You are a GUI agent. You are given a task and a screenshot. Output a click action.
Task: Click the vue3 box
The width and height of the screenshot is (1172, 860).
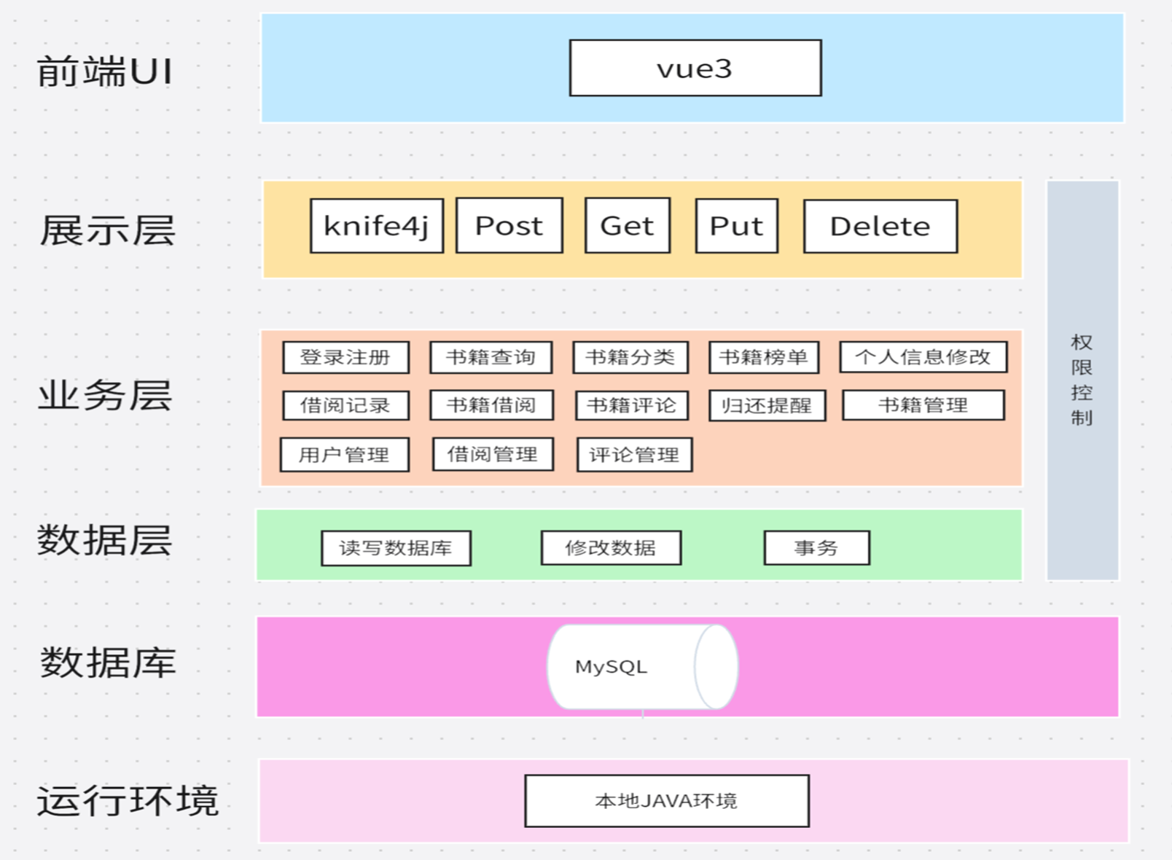[695, 69]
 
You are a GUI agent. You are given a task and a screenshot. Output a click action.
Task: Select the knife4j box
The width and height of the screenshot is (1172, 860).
[376, 226]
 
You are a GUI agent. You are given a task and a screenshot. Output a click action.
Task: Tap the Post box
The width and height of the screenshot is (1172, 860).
[509, 226]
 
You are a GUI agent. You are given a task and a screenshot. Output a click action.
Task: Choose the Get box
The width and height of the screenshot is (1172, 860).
[627, 226]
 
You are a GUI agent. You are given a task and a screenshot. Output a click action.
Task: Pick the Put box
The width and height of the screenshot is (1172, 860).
[736, 226]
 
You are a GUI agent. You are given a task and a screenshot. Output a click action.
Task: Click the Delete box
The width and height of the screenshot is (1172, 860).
[880, 227]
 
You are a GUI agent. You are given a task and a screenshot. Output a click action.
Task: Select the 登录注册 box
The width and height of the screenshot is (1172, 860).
[345, 357]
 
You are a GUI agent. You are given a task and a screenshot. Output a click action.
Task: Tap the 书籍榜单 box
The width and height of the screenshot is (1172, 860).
[763, 357]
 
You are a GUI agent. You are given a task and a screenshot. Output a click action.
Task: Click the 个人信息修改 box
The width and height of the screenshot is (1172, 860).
[923, 357]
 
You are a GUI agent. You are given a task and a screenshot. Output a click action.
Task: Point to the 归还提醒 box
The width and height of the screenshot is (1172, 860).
[767, 406]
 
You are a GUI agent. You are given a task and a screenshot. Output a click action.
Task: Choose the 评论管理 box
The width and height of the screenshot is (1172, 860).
[634, 455]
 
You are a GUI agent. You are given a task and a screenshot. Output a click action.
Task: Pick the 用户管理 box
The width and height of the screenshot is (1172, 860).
[344, 455]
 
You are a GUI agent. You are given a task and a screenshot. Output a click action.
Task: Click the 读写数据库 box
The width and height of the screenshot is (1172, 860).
[396, 548]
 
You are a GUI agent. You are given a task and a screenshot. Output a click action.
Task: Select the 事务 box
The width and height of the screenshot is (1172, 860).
[816, 548]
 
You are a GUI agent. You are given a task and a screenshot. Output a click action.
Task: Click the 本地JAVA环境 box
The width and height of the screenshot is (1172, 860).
[666, 801]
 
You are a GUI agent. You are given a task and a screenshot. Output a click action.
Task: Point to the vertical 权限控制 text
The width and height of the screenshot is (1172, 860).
[1082, 380]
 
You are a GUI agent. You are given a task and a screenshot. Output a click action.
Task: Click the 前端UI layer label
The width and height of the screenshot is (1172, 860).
[105, 72]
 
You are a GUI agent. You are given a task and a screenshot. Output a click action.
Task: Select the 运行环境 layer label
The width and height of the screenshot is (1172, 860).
[128, 801]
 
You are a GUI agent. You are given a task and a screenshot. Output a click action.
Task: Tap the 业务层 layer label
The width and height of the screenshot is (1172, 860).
[105, 396]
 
